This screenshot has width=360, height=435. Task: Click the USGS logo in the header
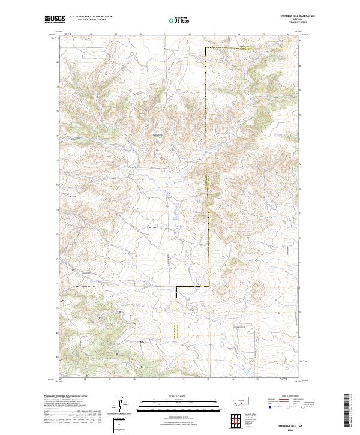tap(55, 20)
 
